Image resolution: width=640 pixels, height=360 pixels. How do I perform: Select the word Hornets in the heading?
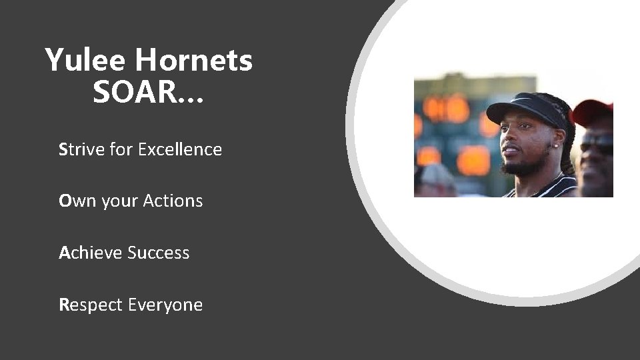click(193, 61)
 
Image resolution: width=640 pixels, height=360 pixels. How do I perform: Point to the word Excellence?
click(180, 149)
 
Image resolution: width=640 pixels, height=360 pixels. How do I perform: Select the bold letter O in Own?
click(65, 201)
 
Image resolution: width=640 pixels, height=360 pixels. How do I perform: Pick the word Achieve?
click(91, 253)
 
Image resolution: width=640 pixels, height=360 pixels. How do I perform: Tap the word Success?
click(159, 253)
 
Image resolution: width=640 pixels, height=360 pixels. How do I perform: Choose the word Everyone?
click(165, 305)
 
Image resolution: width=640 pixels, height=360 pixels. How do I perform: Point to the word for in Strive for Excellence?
click(122, 149)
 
